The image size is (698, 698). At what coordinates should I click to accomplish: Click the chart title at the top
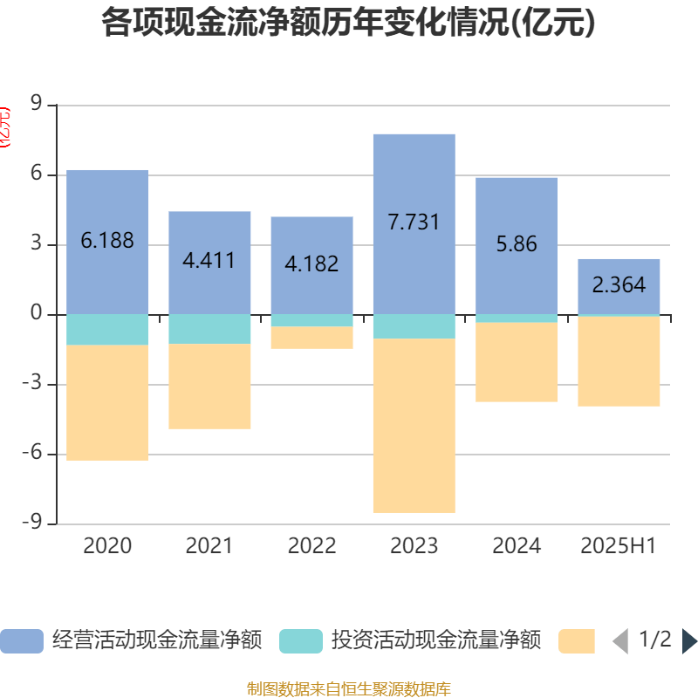348,24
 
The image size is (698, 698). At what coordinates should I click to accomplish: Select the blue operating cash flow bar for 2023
414,174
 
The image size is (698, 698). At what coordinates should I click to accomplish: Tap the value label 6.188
107,241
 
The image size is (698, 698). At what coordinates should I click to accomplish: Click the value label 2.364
619,284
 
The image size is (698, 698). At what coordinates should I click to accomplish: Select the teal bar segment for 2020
107,330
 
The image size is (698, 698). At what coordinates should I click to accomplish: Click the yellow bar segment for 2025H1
619,361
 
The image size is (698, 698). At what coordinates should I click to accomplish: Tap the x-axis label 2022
311,546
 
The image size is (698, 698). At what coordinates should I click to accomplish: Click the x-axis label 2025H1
619,546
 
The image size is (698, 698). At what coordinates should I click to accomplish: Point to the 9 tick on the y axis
36,104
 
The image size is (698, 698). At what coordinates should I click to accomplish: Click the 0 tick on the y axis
36,313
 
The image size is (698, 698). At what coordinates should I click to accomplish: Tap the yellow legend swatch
576,641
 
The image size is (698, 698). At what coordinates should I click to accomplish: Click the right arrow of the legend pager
688,641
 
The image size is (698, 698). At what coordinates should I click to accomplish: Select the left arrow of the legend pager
620,641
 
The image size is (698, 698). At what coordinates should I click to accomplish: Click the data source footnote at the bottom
348,688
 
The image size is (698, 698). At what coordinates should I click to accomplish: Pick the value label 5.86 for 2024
517,244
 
